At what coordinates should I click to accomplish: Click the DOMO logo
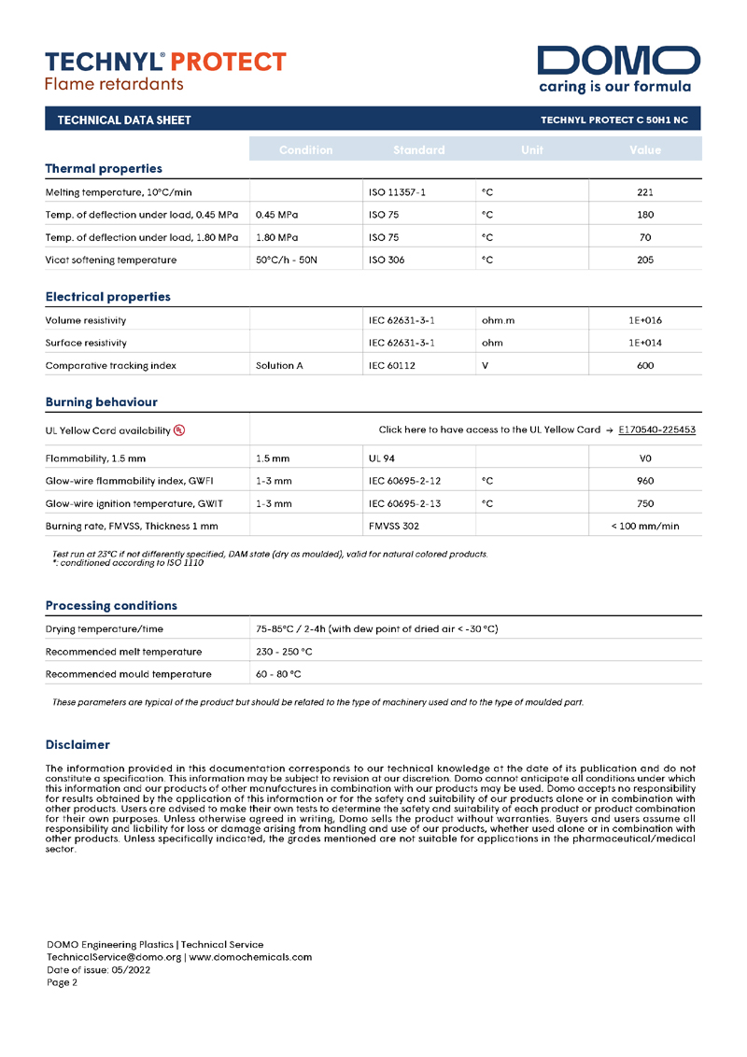tap(618, 62)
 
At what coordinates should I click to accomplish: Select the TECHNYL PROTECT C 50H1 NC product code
tap(614, 120)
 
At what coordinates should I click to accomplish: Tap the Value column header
tap(644, 149)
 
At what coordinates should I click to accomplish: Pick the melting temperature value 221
tap(644, 192)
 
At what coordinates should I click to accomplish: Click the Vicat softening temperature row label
tap(111, 260)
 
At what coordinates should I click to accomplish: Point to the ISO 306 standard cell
tap(387, 260)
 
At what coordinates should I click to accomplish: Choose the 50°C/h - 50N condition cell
tap(287, 260)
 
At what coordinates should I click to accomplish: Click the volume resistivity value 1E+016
tap(644, 320)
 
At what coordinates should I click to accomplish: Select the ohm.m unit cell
tap(498, 320)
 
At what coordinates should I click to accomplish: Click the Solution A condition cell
tap(279, 365)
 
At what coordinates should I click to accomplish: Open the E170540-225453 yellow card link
tap(656, 430)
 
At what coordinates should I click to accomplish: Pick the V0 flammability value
tap(644, 458)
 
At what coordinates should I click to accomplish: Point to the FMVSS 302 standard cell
tap(394, 526)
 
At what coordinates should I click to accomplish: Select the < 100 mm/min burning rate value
tap(644, 526)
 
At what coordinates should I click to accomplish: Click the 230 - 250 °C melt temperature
tap(284, 651)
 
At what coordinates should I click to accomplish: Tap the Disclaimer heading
tap(78, 744)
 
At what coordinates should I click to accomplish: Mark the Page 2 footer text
tap(63, 981)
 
